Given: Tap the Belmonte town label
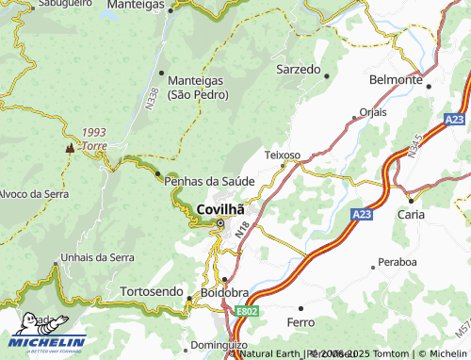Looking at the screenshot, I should (x=396, y=80).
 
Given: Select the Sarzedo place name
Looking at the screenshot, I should (x=298, y=70).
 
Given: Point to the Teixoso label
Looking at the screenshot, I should (x=282, y=154).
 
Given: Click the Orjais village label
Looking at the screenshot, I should (x=373, y=110).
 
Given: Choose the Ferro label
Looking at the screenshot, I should (x=300, y=322).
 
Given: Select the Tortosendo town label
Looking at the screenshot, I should (x=151, y=292).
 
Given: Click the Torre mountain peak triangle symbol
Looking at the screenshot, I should (x=69, y=148).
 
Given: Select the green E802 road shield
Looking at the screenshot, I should (x=248, y=310).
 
